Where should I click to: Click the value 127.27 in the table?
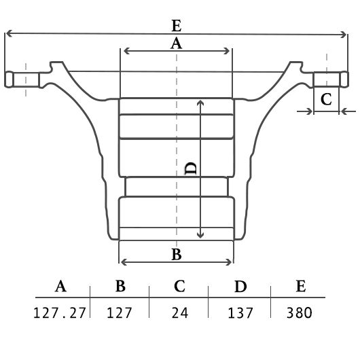(60, 312)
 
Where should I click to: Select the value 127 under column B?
(119, 312)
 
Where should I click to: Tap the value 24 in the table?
(180, 312)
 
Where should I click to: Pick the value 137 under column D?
(240, 312)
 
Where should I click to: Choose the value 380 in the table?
(300, 312)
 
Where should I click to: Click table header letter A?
(60, 286)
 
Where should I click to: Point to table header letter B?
(120, 286)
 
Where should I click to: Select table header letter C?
(179, 286)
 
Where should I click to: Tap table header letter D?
(240, 286)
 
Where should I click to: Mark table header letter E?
(301, 286)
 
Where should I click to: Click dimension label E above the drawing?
(177, 26)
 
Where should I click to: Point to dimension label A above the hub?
(176, 43)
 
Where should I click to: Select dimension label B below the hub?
(177, 254)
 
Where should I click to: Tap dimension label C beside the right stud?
(326, 99)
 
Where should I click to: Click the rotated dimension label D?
(191, 168)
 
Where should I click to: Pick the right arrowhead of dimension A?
(227, 51)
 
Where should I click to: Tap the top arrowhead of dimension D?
(200, 103)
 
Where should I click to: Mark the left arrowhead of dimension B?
(124, 262)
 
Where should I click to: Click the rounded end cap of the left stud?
(9, 79)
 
